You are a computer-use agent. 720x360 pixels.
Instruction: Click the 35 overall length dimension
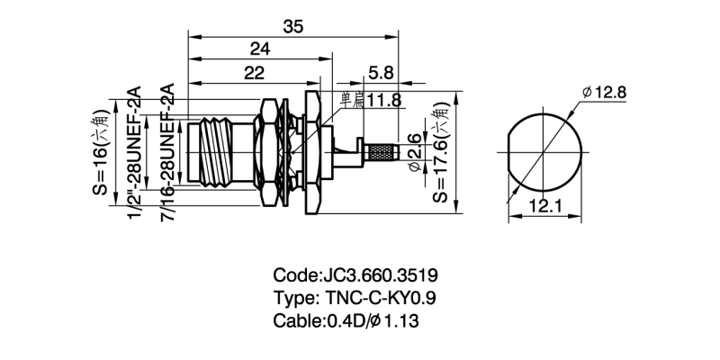coord(293,27)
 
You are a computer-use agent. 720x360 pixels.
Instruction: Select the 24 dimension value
coord(260,49)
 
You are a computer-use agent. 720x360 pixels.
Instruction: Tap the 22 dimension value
coord(254,73)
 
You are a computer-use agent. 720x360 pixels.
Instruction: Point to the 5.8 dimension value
coord(381,73)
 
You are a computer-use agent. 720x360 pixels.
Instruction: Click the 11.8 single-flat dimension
coord(370,101)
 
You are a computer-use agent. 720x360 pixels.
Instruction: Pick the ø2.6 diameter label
coord(415,152)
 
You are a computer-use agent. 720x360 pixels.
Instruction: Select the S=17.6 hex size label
coord(441,152)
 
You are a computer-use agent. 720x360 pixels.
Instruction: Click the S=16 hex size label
coord(102,152)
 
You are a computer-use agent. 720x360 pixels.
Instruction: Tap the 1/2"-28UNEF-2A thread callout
coord(134,152)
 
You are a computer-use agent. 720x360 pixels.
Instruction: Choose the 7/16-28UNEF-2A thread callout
coord(168,152)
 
